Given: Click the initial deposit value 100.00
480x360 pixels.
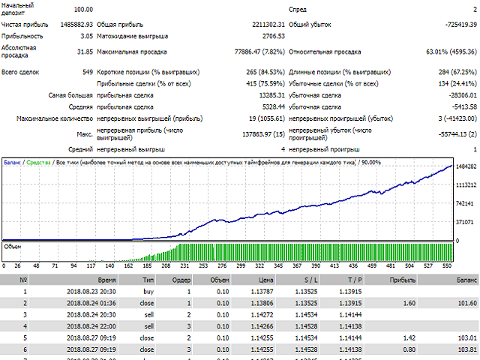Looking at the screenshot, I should click(83, 9).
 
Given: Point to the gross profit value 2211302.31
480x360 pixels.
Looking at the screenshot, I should click(259, 24).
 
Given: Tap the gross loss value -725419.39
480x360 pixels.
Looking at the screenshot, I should click(453, 24).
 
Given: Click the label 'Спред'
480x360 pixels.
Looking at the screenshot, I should click(298, 9).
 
